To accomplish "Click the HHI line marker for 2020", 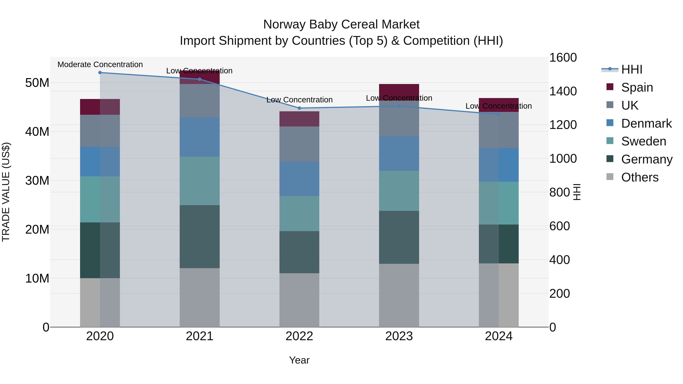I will (100, 73).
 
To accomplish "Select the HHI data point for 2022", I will (299, 108).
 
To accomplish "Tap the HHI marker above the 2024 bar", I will (499, 114).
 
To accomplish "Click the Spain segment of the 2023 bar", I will (399, 90).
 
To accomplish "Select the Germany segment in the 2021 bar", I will (200, 236).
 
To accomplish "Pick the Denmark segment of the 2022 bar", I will (299, 179).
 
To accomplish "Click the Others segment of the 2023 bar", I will (399, 295).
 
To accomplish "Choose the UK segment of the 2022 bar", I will (299, 144).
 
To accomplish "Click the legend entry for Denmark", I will (646, 123).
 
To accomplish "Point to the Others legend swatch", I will (610, 177).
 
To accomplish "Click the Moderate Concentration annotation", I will (100, 64).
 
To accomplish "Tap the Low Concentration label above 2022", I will (299, 100).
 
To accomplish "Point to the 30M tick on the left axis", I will (37, 181).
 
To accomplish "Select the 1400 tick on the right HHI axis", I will (563, 91).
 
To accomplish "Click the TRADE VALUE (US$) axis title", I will (6, 192).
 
